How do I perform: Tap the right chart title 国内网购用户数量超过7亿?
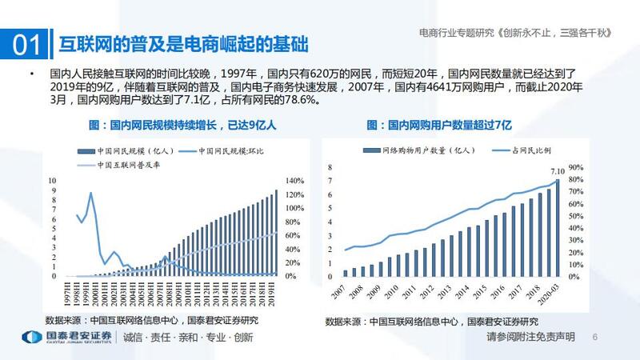[448, 125]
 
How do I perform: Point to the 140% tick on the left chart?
[294, 182]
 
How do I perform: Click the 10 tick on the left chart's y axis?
[52, 182]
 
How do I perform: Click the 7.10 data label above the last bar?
[558, 170]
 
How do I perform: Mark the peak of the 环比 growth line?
[90, 193]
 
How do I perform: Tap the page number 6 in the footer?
[594, 338]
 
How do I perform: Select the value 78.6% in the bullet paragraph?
[296, 102]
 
